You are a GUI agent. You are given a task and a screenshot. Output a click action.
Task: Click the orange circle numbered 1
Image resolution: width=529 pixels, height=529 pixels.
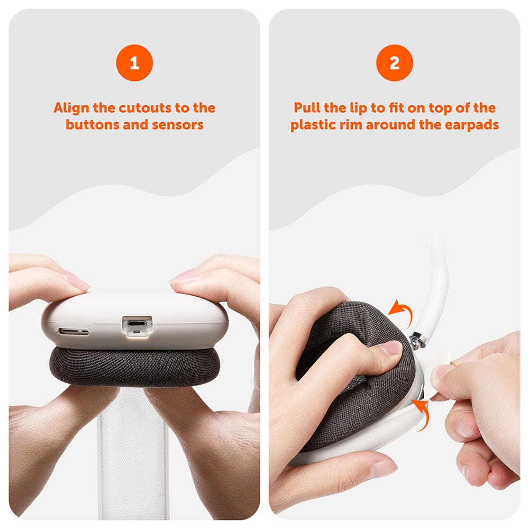(x=134, y=63)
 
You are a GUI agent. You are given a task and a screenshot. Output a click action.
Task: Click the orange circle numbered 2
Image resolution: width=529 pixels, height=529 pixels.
(x=395, y=63)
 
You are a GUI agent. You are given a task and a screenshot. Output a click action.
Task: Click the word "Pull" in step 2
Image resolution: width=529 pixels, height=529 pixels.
(x=307, y=107)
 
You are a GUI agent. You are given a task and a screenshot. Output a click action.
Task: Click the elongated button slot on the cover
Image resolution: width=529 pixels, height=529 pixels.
(x=73, y=331)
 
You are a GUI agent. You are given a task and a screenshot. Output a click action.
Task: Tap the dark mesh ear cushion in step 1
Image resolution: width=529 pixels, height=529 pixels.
(x=133, y=368)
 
